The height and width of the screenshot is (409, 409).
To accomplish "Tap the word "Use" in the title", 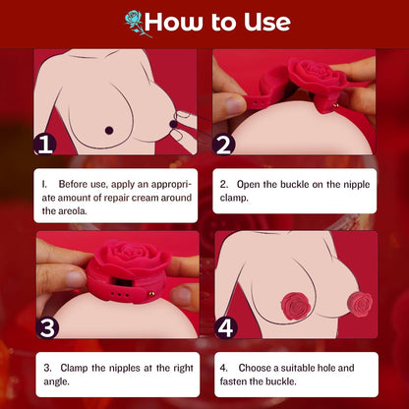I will pos(263,22).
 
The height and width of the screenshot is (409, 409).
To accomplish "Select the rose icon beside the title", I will pos(133,23).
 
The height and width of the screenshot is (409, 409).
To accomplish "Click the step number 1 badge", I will pos(45,145).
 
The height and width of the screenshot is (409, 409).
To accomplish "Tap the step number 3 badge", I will pos(45,326).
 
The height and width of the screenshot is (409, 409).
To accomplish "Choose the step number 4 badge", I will pos(226,326).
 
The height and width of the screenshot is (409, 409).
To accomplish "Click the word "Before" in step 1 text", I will pos(77,184).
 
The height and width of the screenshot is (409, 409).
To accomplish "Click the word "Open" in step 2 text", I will pos(254,184).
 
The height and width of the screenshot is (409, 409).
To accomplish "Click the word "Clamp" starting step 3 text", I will pos(76,367).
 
